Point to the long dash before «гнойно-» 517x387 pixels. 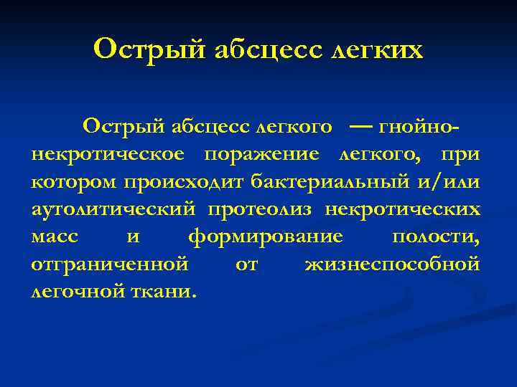(363, 127)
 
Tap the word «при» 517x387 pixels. (462, 155)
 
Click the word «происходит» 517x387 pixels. (186, 182)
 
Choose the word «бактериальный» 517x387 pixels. (330, 182)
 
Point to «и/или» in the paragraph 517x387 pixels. (448, 182)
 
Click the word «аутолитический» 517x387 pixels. (113, 209)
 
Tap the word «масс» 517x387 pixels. (55, 236)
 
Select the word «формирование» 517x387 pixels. (264, 236)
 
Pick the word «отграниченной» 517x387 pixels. (110, 264)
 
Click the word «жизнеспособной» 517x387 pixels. (392, 264)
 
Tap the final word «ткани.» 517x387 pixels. (167, 291)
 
